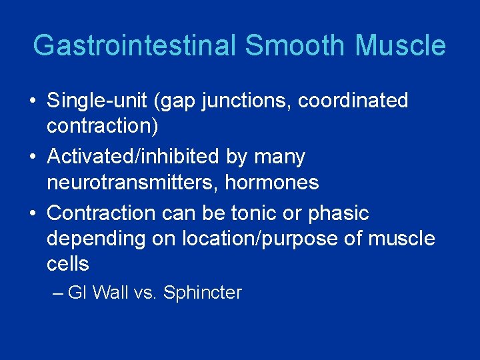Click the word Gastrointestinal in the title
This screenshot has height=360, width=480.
pyautogui.click(x=135, y=46)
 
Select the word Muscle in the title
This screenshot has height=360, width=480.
pyautogui.click(x=401, y=46)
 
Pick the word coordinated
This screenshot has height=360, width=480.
pyautogui.click(x=353, y=101)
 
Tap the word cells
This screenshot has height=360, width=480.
pyautogui.click(x=68, y=264)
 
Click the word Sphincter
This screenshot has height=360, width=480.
pyautogui.click(x=203, y=293)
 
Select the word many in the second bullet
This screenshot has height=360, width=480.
pyautogui.click(x=281, y=157)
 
